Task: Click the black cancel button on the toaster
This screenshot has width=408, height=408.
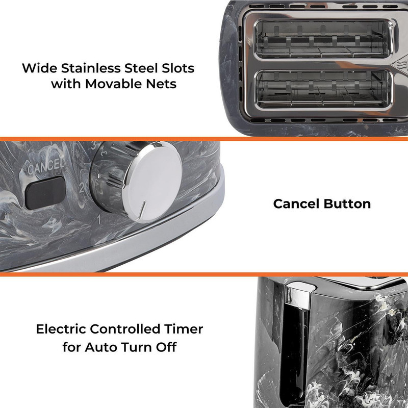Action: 45,193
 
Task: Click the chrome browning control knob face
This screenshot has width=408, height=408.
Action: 152,182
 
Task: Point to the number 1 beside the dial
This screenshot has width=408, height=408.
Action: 99,219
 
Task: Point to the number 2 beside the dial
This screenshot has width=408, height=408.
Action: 82,188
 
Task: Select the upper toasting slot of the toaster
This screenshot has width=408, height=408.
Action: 323,40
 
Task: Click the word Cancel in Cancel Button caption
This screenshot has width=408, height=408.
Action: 296,203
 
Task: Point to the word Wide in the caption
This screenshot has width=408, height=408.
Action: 39,68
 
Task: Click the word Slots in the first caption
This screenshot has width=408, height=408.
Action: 178,68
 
